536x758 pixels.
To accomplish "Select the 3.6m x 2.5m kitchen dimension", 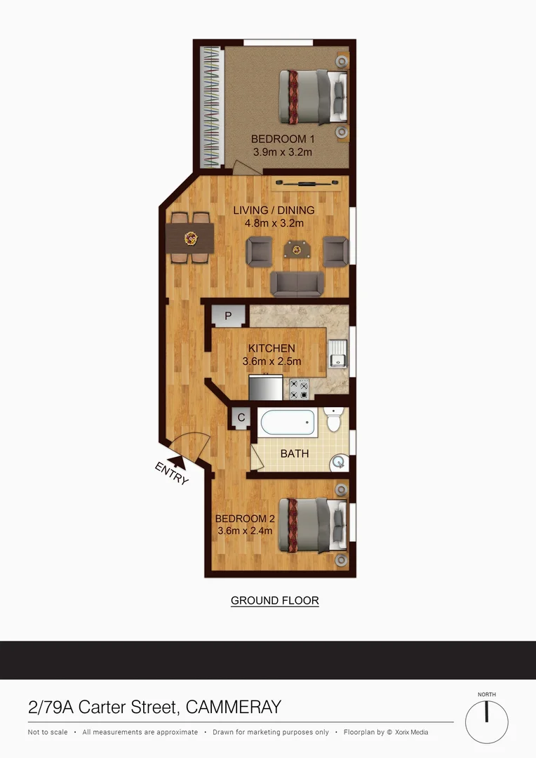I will (x=272, y=361).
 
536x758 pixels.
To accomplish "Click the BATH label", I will (x=295, y=453).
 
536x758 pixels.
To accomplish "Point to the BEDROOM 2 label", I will (x=243, y=519).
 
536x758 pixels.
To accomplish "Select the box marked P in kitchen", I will (x=228, y=317).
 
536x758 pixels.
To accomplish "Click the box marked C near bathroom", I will (x=241, y=418).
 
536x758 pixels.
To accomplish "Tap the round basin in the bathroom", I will (x=339, y=462).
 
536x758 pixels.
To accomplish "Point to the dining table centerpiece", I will (x=189, y=239).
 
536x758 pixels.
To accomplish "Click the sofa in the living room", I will (x=297, y=283).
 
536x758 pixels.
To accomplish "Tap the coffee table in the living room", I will (x=297, y=248).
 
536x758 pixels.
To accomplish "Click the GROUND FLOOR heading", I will (x=275, y=601).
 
